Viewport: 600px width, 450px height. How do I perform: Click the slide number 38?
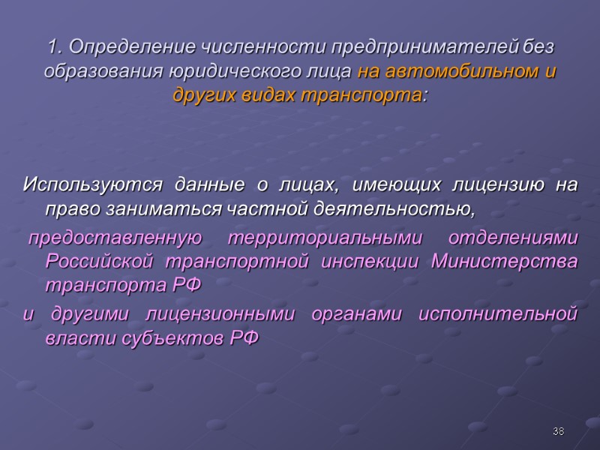[558, 431]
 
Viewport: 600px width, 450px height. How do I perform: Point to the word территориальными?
[323, 238]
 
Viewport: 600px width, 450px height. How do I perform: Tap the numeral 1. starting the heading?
[53, 48]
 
